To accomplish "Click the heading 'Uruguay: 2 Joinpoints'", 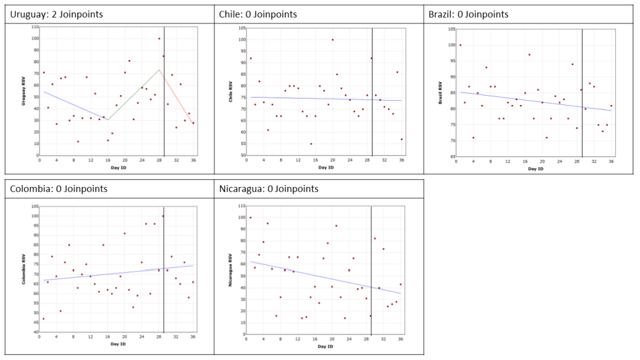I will (x=54, y=14).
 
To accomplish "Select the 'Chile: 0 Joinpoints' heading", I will (x=258, y=14).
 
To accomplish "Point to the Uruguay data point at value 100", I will (x=159, y=39).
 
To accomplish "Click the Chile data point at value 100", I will (x=332, y=40).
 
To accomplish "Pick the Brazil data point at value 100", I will (x=461, y=45).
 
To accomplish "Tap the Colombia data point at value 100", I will (x=163, y=216).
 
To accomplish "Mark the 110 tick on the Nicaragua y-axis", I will (x=240, y=206).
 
